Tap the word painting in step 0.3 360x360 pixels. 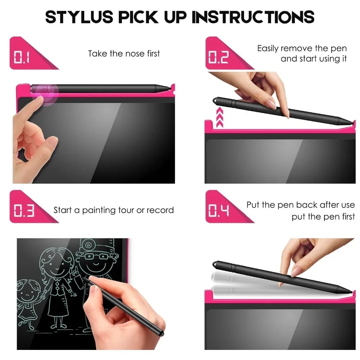(99, 210)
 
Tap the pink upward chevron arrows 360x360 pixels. (220, 118)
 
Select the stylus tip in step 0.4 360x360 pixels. (350, 290)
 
